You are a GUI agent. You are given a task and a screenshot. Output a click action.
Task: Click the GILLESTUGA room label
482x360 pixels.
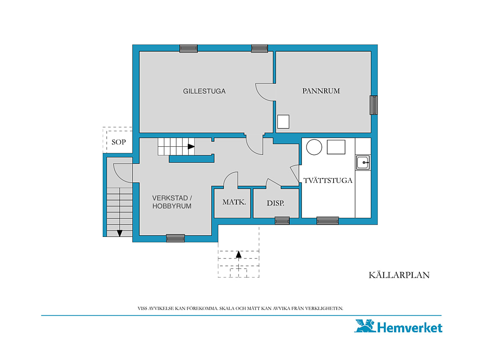(x=204, y=91)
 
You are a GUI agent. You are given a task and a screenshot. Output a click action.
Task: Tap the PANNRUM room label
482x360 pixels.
(x=321, y=91)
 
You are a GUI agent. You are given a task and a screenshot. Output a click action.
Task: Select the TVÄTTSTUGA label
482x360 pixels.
(x=328, y=180)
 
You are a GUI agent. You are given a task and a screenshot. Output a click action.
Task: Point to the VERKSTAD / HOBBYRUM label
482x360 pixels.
(x=172, y=202)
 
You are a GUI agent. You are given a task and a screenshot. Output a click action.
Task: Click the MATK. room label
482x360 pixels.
(x=234, y=202)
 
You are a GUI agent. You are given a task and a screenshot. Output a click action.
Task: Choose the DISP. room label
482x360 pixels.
(x=275, y=203)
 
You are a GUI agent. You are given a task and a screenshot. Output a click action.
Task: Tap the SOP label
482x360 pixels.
(x=119, y=142)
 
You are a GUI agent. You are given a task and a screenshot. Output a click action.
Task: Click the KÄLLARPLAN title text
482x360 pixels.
(x=399, y=275)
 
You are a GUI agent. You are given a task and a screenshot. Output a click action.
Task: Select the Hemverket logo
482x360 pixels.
(x=398, y=326)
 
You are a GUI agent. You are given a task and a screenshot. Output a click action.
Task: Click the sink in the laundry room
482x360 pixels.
(x=363, y=162)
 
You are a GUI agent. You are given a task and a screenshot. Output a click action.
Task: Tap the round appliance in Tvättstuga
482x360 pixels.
(x=314, y=147)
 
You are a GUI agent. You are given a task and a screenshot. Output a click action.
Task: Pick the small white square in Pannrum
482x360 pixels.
(x=283, y=121)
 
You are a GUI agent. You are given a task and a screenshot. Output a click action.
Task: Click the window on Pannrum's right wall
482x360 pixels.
(x=373, y=105)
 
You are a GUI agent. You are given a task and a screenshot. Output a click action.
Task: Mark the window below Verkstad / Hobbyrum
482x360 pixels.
(x=175, y=238)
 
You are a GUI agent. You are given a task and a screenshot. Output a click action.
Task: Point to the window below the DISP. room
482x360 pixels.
(x=282, y=221)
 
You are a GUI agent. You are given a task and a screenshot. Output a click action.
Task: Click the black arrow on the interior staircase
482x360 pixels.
(x=191, y=146)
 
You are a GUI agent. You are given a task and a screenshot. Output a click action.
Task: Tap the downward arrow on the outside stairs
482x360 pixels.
(x=120, y=233)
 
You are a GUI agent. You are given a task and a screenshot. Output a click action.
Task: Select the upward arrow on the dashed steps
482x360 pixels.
(x=238, y=255)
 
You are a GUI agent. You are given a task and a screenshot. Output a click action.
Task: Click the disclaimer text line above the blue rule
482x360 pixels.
(x=241, y=308)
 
